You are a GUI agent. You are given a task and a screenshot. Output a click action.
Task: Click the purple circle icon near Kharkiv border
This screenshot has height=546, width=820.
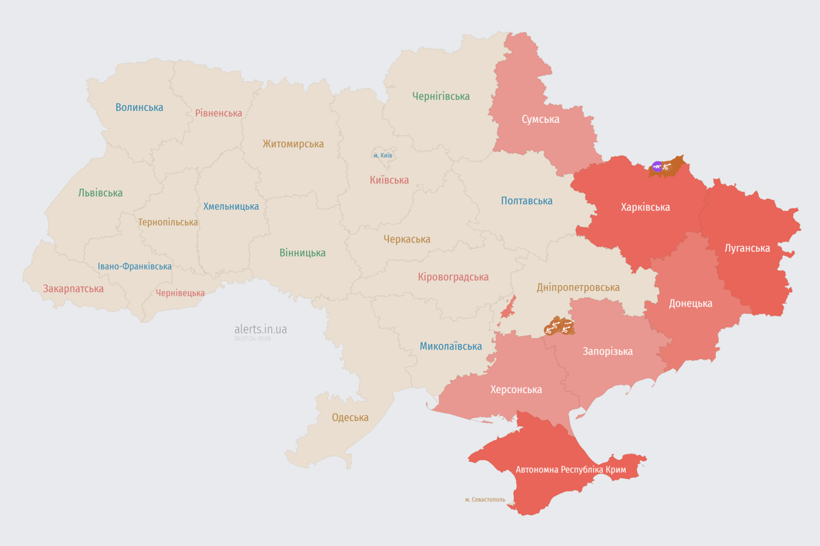click(x=656, y=166)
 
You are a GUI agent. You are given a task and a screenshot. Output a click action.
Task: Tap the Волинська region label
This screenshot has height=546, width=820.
click(x=140, y=107)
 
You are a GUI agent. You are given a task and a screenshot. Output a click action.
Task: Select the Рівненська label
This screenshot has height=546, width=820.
click(x=219, y=113)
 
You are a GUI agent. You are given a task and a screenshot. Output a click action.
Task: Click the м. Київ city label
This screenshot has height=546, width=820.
click(x=382, y=155)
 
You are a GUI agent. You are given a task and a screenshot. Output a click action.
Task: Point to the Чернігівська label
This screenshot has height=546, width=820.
click(x=441, y=96)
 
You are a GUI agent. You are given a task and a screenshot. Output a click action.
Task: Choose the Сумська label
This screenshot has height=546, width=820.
click(x=540, y=119)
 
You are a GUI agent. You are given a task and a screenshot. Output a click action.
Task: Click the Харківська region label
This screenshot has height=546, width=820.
click(x=645, y=207)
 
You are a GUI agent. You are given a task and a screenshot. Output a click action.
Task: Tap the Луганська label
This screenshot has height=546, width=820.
click(x=747, y=248)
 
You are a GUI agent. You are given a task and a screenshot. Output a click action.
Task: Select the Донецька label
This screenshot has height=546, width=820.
click(x=690, y=303)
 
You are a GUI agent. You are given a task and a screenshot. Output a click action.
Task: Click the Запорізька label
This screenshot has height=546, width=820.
click(x=607, y=351)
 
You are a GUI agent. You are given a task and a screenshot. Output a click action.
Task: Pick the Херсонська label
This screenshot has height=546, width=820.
click(x=515, y=390)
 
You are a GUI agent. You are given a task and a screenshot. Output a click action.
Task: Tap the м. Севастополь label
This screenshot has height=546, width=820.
click(x=485, y=499)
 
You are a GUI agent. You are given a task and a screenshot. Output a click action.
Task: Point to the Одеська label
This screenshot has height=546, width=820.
click(x=350, y=417)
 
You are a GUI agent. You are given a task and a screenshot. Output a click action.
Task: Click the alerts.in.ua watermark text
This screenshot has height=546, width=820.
click(x=261, y=329)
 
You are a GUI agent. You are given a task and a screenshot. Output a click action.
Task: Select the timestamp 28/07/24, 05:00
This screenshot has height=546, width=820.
click(x=253, y=339)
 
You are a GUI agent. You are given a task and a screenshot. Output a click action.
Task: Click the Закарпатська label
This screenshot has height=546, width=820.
click(x=73, y=289)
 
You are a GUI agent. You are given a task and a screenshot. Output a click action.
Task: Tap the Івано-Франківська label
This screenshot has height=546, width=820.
click(x=135, y=267)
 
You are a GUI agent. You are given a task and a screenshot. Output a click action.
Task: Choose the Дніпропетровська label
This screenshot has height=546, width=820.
click(x=577, y=287)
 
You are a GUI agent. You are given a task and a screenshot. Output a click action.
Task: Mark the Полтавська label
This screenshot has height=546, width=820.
click(x=526, y=200)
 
